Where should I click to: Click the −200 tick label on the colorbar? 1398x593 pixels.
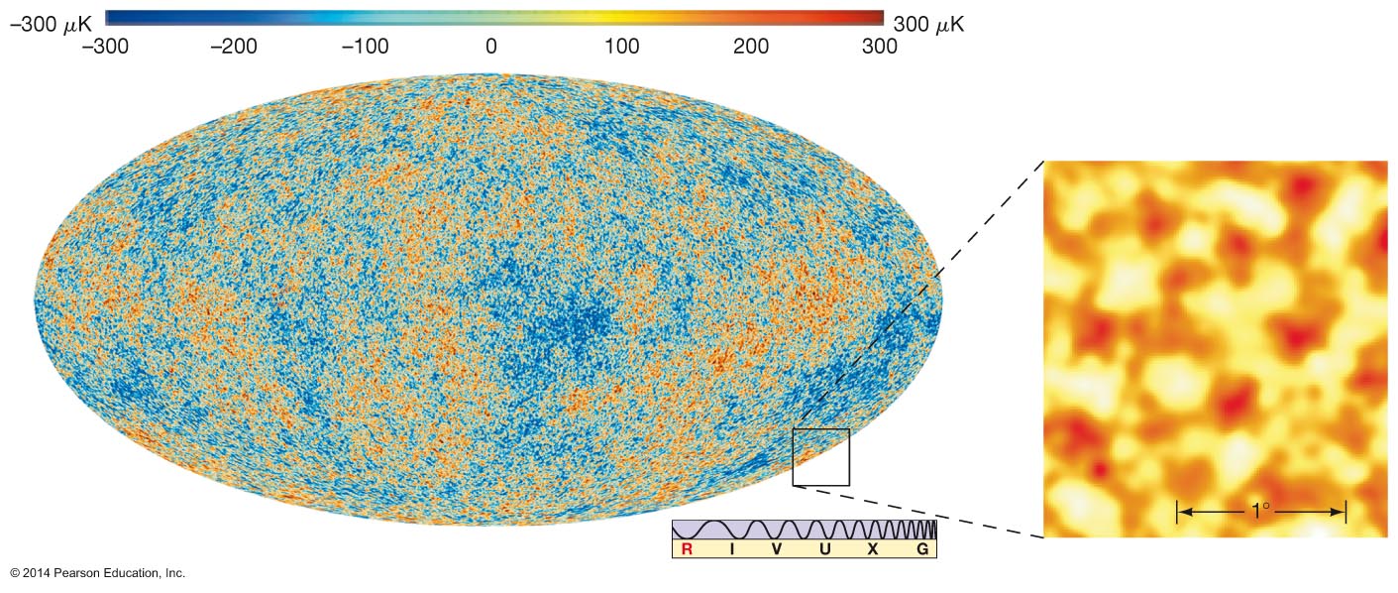(234, 47)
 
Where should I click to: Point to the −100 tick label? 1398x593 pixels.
(365, 47)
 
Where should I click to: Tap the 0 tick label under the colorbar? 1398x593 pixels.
(491, 47)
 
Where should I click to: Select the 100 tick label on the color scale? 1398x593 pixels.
(621, 47)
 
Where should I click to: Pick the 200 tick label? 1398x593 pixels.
(751, 47)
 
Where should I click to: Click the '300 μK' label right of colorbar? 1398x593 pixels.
(928, 25)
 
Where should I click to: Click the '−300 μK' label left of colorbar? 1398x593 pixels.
(52, 25)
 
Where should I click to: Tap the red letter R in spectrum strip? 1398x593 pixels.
(688, 549)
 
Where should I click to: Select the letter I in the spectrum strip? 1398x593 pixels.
(731, 549)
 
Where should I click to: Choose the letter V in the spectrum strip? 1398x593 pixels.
(777, 549)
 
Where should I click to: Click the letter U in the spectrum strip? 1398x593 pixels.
(825, 549)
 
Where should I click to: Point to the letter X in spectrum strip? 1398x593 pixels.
(873, 549)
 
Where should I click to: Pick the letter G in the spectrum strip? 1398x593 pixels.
(922, 549)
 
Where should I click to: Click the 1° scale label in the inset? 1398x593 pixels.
(1260, 511)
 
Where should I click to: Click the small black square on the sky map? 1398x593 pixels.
(820, 429)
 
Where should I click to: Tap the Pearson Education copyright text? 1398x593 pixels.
(98, 573)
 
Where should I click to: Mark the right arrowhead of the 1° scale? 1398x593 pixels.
(1339, 512)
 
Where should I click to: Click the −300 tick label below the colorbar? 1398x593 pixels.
(105, 47)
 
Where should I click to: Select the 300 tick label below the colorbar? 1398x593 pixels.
(880, 47)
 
